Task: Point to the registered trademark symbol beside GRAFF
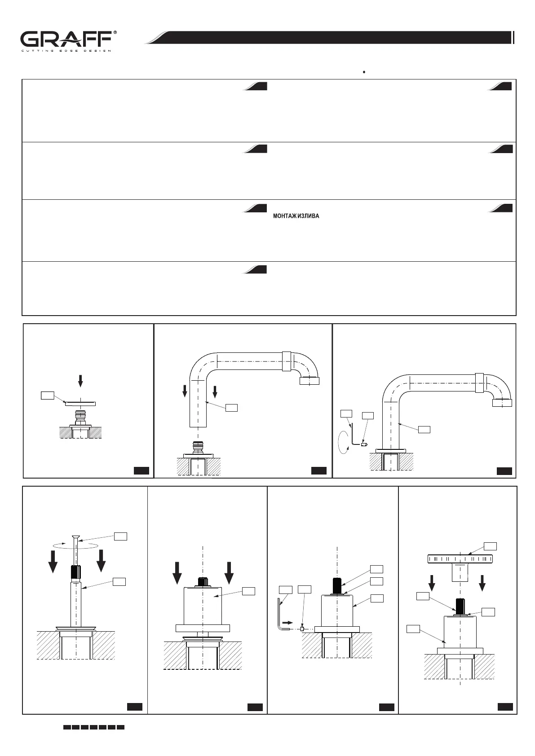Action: (x=115, y=33)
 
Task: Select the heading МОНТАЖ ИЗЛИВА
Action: (x=296, y=216)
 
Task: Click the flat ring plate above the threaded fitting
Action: (x=80, y=404)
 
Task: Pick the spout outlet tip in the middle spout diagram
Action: (x=309, y=381)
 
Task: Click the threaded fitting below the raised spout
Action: (x=198, y=447)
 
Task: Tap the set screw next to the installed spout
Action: (x=364, y=444)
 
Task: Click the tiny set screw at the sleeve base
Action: (x=303, y=629)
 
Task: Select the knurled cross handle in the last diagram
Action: (x=460, y=559)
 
